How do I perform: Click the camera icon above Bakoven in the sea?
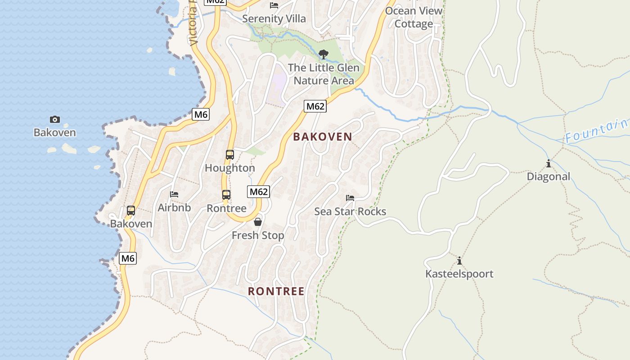click(x=54, y=119)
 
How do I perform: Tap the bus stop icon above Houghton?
click(x=230, y=155)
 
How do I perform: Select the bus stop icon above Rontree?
click(x=226, y=195)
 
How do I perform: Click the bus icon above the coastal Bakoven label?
click(x=131, y=210)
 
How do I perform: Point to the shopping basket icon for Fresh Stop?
click(x=258, y=221)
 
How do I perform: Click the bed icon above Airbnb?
click(x=174, y=194)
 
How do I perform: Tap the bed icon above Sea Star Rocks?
click(x=350, y=198)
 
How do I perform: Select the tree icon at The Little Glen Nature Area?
click(x=323, y=54)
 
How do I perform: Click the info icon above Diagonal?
click(x=548, y=163)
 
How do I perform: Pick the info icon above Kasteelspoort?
click(x=459, y=261)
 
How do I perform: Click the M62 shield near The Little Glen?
click(x=315, y=106)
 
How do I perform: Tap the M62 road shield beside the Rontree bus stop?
click(x=259, y=192)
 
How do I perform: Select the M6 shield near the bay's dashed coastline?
click(x=201, y=114)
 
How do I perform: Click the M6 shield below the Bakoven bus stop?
click(x=128, y=258)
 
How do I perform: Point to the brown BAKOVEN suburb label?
click(x=323, y=137)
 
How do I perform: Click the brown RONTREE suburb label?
click(x=276, y=291)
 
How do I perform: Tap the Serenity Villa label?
click(x=274, y=19)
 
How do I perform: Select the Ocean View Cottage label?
click(x=414, y=17)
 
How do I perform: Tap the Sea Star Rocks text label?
click(x=350, y=211)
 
